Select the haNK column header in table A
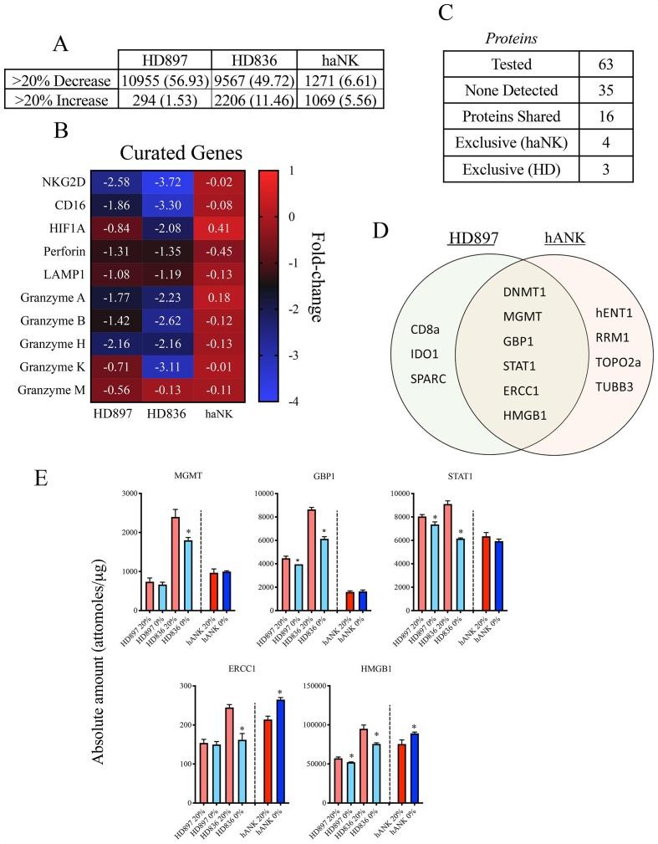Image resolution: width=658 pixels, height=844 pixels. [x=339, y=61]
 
